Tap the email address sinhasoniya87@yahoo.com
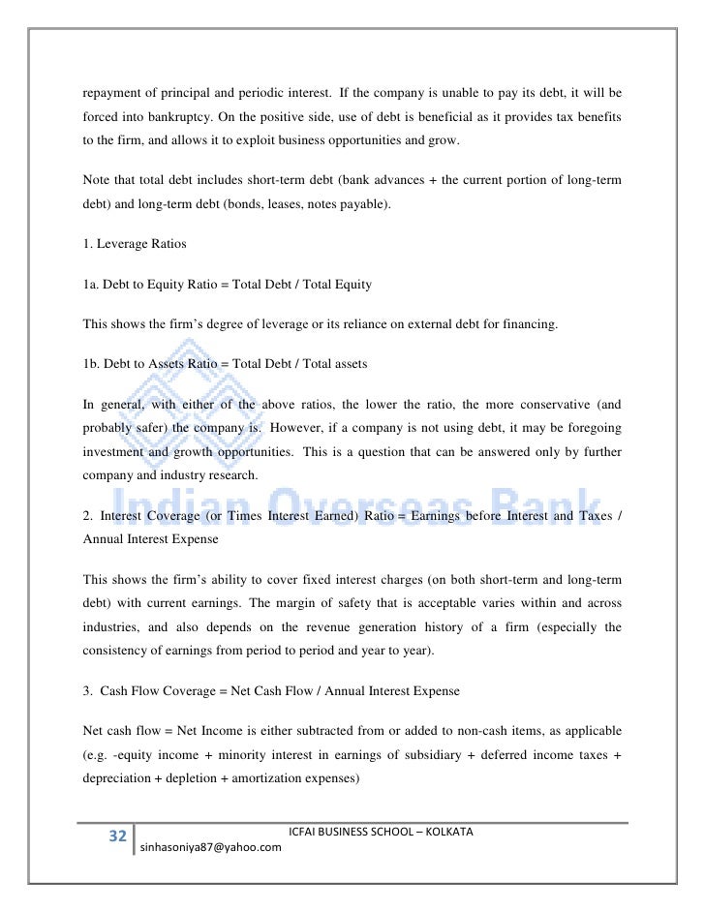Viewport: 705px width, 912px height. (x=211, y=847)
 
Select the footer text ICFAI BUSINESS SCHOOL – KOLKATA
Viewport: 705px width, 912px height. (x=381, y=833)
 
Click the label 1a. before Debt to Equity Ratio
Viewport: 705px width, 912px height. (x=91, y=285)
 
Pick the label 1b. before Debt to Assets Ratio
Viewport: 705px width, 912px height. (x=91, y=363)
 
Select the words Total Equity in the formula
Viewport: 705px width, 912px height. (x=335, y=285)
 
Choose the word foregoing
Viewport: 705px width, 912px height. (x=592, y=427)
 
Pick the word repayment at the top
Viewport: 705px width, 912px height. (x=112, y=95)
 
